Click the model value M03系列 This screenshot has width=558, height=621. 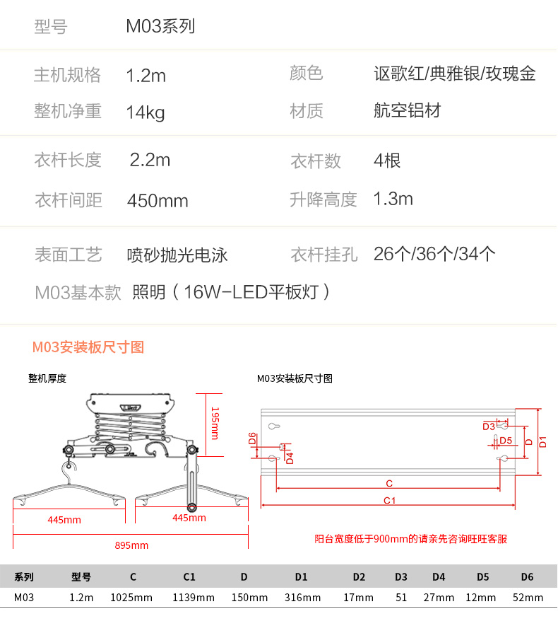(x=160, y=27)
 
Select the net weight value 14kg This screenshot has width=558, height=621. (x=146, y=112)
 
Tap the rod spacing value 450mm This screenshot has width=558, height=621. (x=158, y=201)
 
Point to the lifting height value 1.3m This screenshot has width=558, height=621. (x=393, y=199)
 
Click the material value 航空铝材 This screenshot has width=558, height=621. (x=408, y=111)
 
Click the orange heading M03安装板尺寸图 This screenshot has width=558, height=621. (x=88, y=347)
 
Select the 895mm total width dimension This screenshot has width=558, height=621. (x=131, y=545)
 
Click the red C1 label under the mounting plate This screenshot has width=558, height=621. (x=389, y=500)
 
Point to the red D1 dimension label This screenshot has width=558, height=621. (x=543, y=442)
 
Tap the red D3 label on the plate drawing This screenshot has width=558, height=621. (x=489, y=426)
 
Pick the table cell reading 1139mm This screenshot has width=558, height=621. (x=194, y=598)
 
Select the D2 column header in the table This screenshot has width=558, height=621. (x=359, y=577)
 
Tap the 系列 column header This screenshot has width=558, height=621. (x=24, y=577)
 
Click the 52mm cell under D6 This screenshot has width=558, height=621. (x=528, y=598)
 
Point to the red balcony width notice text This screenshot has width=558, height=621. (x=410, y=539)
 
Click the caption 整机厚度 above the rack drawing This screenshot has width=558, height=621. (x=47, y=378)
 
